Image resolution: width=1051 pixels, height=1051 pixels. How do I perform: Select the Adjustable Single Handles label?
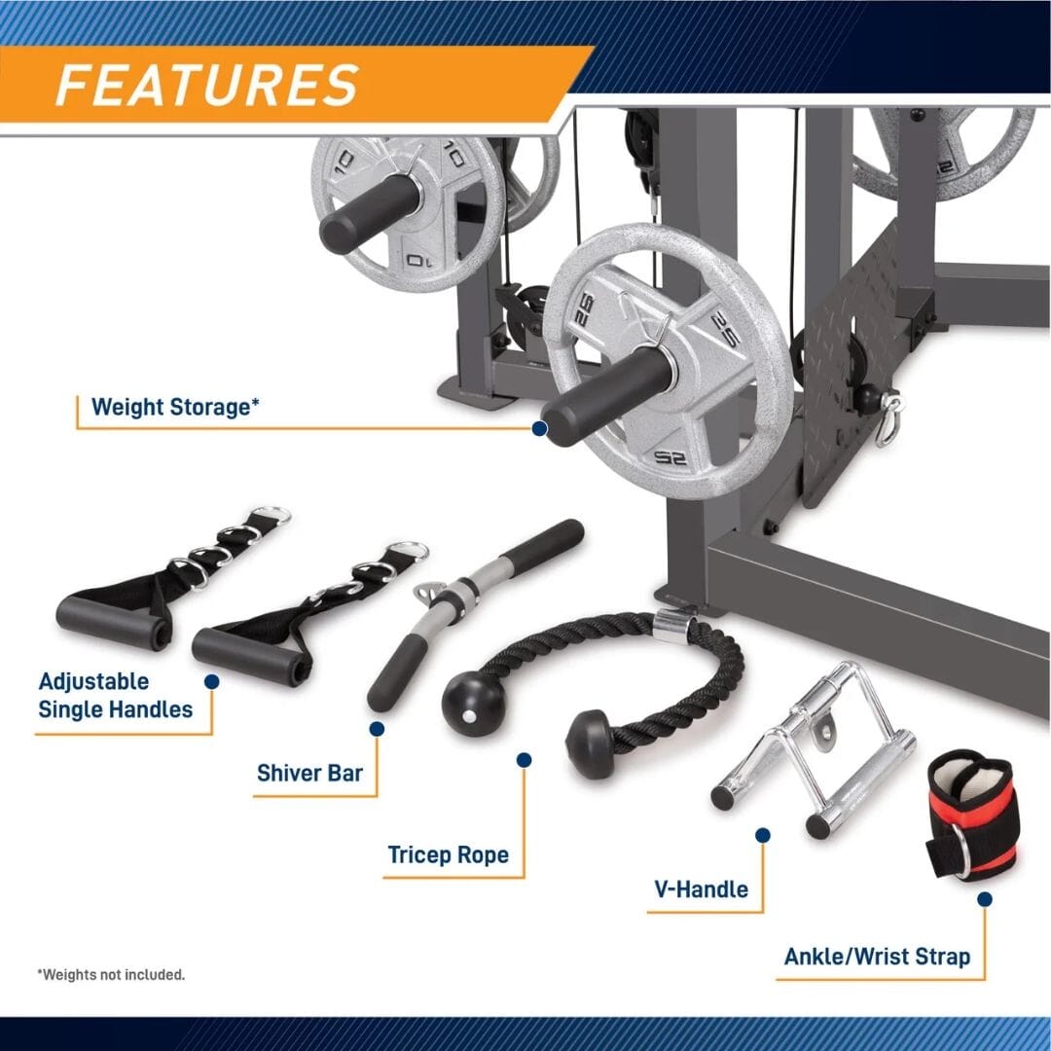pyautogui.click(x=115, y=695)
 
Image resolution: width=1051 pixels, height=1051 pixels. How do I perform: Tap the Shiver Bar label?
pyautogui.click(x=309, y=774)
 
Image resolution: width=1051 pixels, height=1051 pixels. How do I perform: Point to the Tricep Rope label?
pyautogui.click(x=448, y=855)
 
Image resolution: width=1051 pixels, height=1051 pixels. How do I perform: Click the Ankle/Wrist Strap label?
pyautogui.click(x=877, y=957)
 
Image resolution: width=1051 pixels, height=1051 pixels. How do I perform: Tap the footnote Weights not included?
pyautogui.click(x=111, y=974)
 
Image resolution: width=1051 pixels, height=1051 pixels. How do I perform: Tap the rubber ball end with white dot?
pyautogui.click(x=473, y=704)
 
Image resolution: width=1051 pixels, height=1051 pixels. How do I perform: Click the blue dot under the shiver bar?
pyautogui.click(x=378, y=728)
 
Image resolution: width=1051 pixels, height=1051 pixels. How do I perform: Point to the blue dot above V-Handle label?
pyautogui.click(x=763, y=835)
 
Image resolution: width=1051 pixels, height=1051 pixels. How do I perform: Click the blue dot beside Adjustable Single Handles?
pyautogui.click(x=211, y=683)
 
